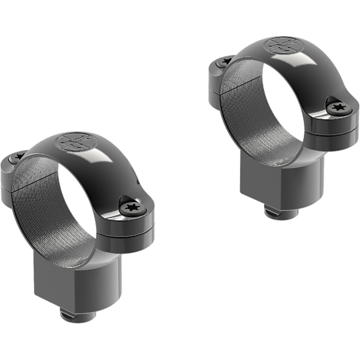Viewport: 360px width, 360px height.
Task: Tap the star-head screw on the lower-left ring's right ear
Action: pos(132,208)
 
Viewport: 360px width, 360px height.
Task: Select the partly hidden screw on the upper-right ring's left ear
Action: pos(224,62)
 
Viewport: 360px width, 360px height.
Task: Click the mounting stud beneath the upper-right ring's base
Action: pos(281,213)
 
